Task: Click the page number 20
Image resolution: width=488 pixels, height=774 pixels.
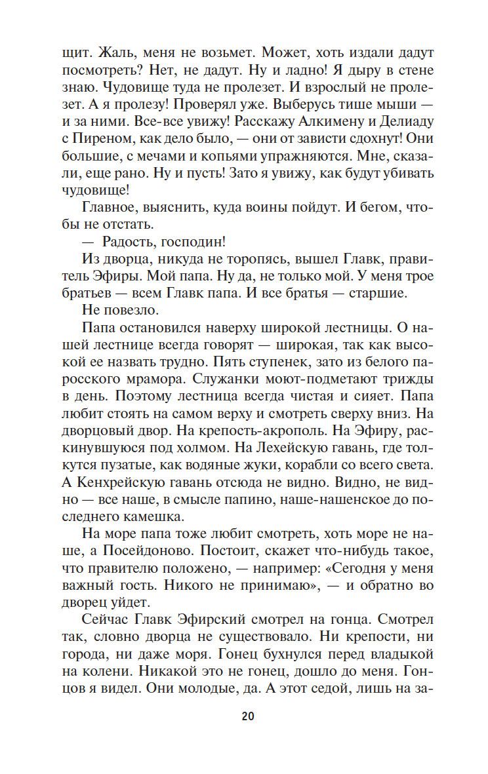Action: click(247, 715)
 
